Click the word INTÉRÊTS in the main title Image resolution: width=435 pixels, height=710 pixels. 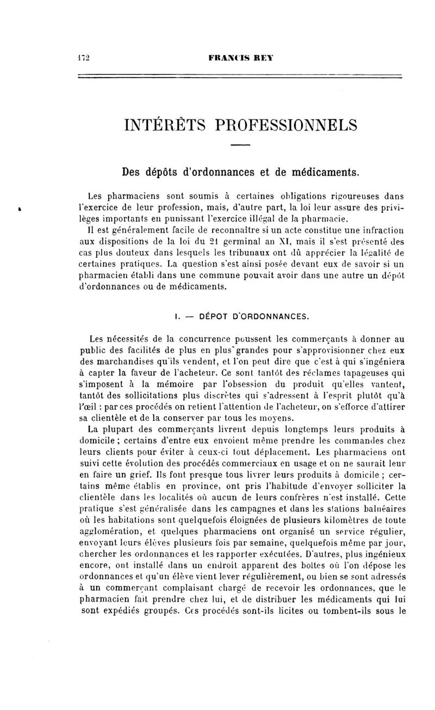pyautogui.click(x=166, y=125)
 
